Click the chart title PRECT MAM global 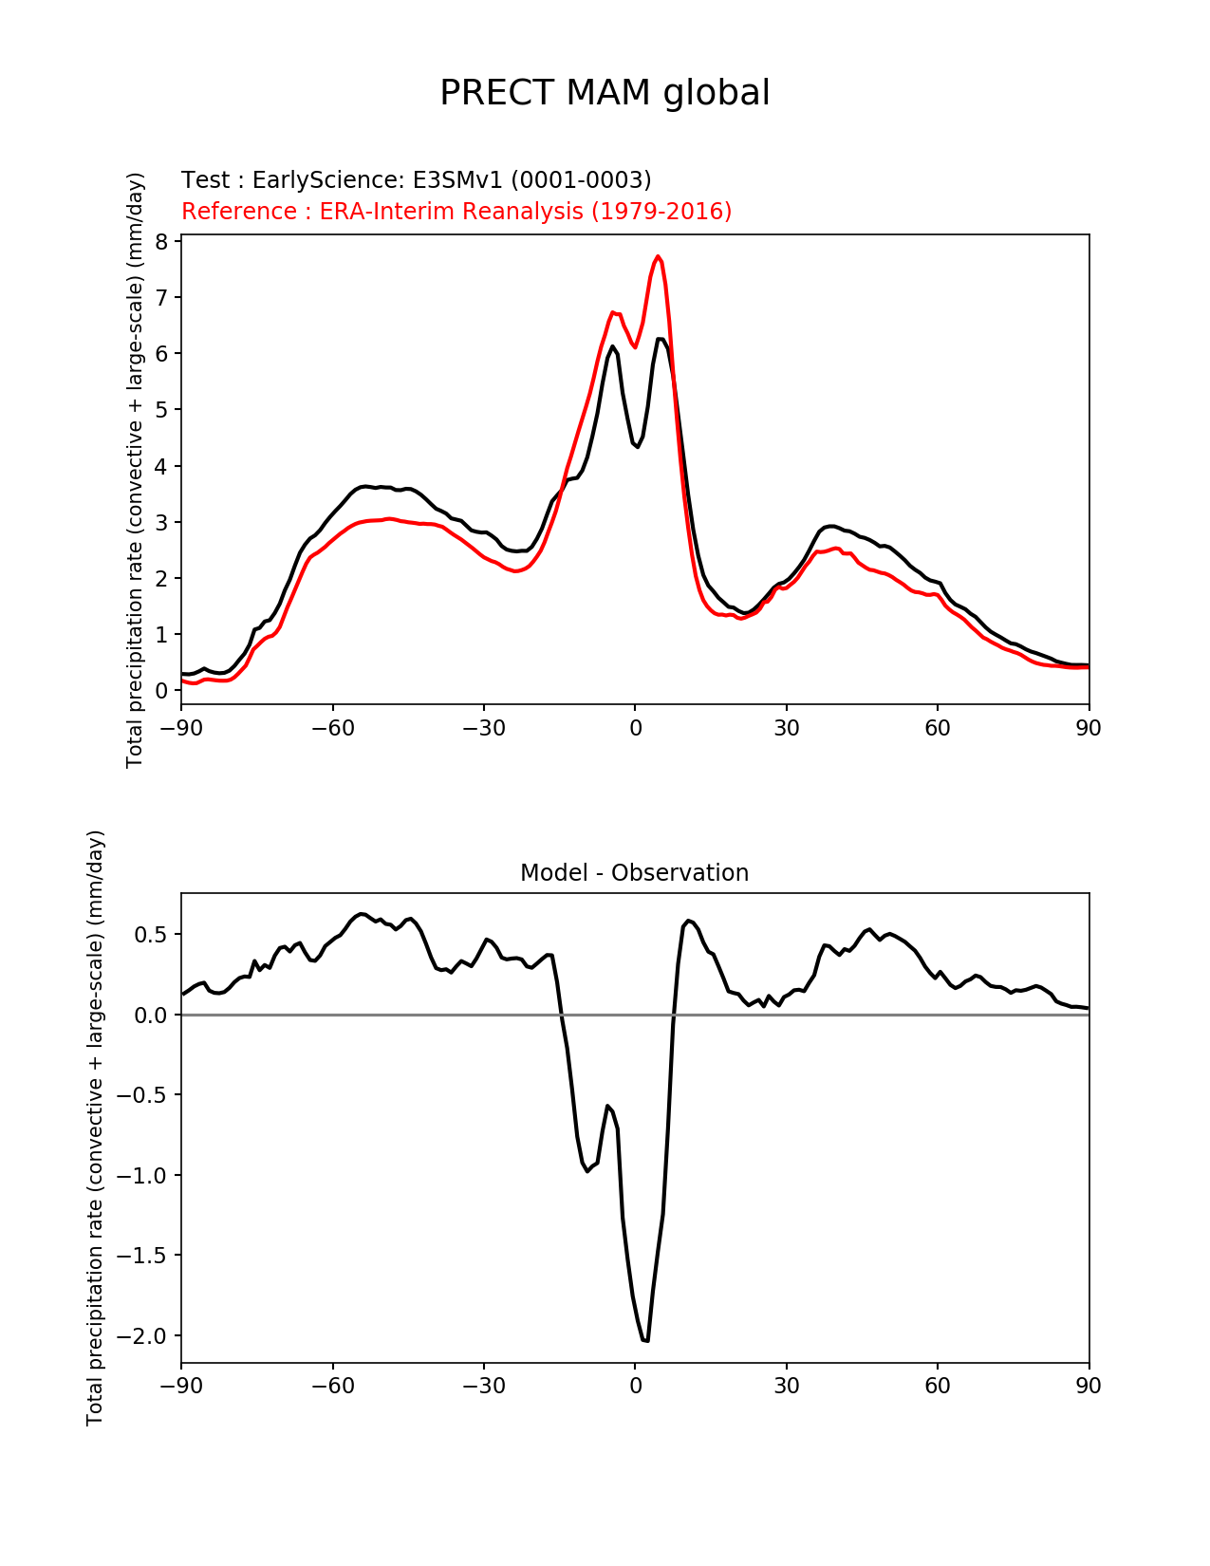click(605, 93)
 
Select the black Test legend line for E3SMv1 click(416, 180)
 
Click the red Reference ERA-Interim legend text click(456, 211)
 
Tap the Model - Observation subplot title click(634, 873)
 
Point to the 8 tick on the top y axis click(161, 242)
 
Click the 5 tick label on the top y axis click(161, 410)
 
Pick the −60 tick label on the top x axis click(332, 728)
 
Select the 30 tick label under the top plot click(786, 728)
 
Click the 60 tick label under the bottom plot click(937, 1386)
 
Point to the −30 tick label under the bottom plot click(483, 1386)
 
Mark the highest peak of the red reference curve click(658, 256)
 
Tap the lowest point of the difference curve click(645, 1341)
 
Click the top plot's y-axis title click(135, 470)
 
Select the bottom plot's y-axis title click(95, 1128)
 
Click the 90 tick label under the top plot click(1089, 728)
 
